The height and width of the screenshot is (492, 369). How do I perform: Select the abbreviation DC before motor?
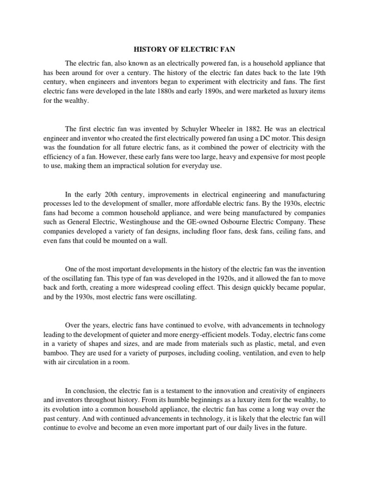click(x=267, y=139)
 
